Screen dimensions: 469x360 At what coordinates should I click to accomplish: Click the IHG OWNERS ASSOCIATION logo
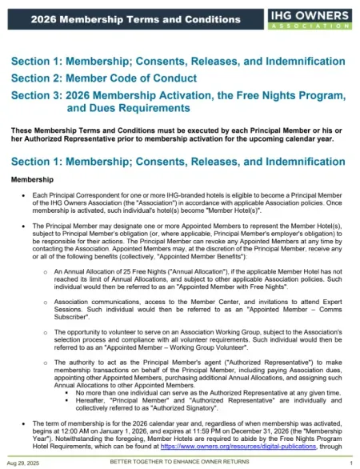coord(310,18)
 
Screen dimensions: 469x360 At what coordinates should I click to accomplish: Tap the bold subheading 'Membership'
coord(33,178)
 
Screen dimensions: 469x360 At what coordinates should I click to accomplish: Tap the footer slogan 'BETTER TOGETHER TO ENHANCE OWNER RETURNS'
coord(180,463)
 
